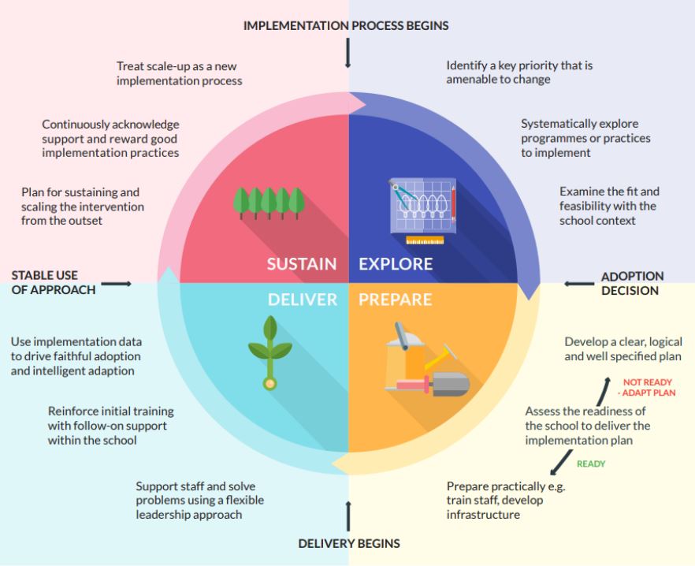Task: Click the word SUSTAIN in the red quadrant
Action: (x=301, y=263)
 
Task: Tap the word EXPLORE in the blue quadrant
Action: (x=396, y=263)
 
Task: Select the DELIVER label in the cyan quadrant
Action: (x=302, y=300)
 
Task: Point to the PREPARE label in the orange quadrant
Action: (x=395, y=300)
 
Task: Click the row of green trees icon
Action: (x=269, y=203)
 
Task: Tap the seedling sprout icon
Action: (x=269, y=352)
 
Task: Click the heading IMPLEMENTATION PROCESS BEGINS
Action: (x=346, y=25)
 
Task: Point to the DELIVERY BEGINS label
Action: (x=348, y=543)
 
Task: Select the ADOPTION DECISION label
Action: (x=632, y=283)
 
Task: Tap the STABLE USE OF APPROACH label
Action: (x=53, y=283)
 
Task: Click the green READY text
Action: (x=591, y=464)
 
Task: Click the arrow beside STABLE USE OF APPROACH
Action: (x=117, y=283)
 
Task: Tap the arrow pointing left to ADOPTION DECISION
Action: (x=579, y=283)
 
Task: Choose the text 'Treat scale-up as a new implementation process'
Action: (x=179, y=73)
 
